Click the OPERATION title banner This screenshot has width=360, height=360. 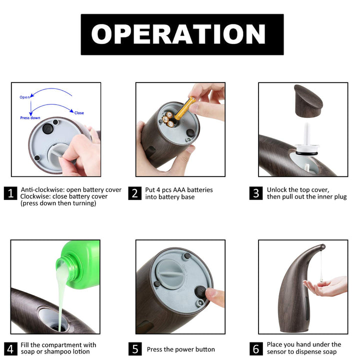click(x=182, y=34)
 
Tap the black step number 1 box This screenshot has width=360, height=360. click(x=10, y=193)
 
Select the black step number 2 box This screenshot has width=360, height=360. click(x=135, y=193)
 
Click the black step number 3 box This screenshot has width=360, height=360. click(x=256, y=193)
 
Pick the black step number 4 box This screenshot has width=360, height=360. click(x=10, y=349)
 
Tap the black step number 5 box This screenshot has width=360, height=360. click(x=135, y=349)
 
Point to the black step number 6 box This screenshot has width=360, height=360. click(x=256, y=349)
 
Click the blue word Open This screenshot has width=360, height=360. click(x=24, y=97)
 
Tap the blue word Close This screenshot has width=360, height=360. click(x=79, y=113)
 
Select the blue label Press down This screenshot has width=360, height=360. click(x=30, y=118)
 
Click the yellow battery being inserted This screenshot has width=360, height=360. click(x=185, y=108)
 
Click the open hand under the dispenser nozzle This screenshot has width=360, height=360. click(x=326, y=286)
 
